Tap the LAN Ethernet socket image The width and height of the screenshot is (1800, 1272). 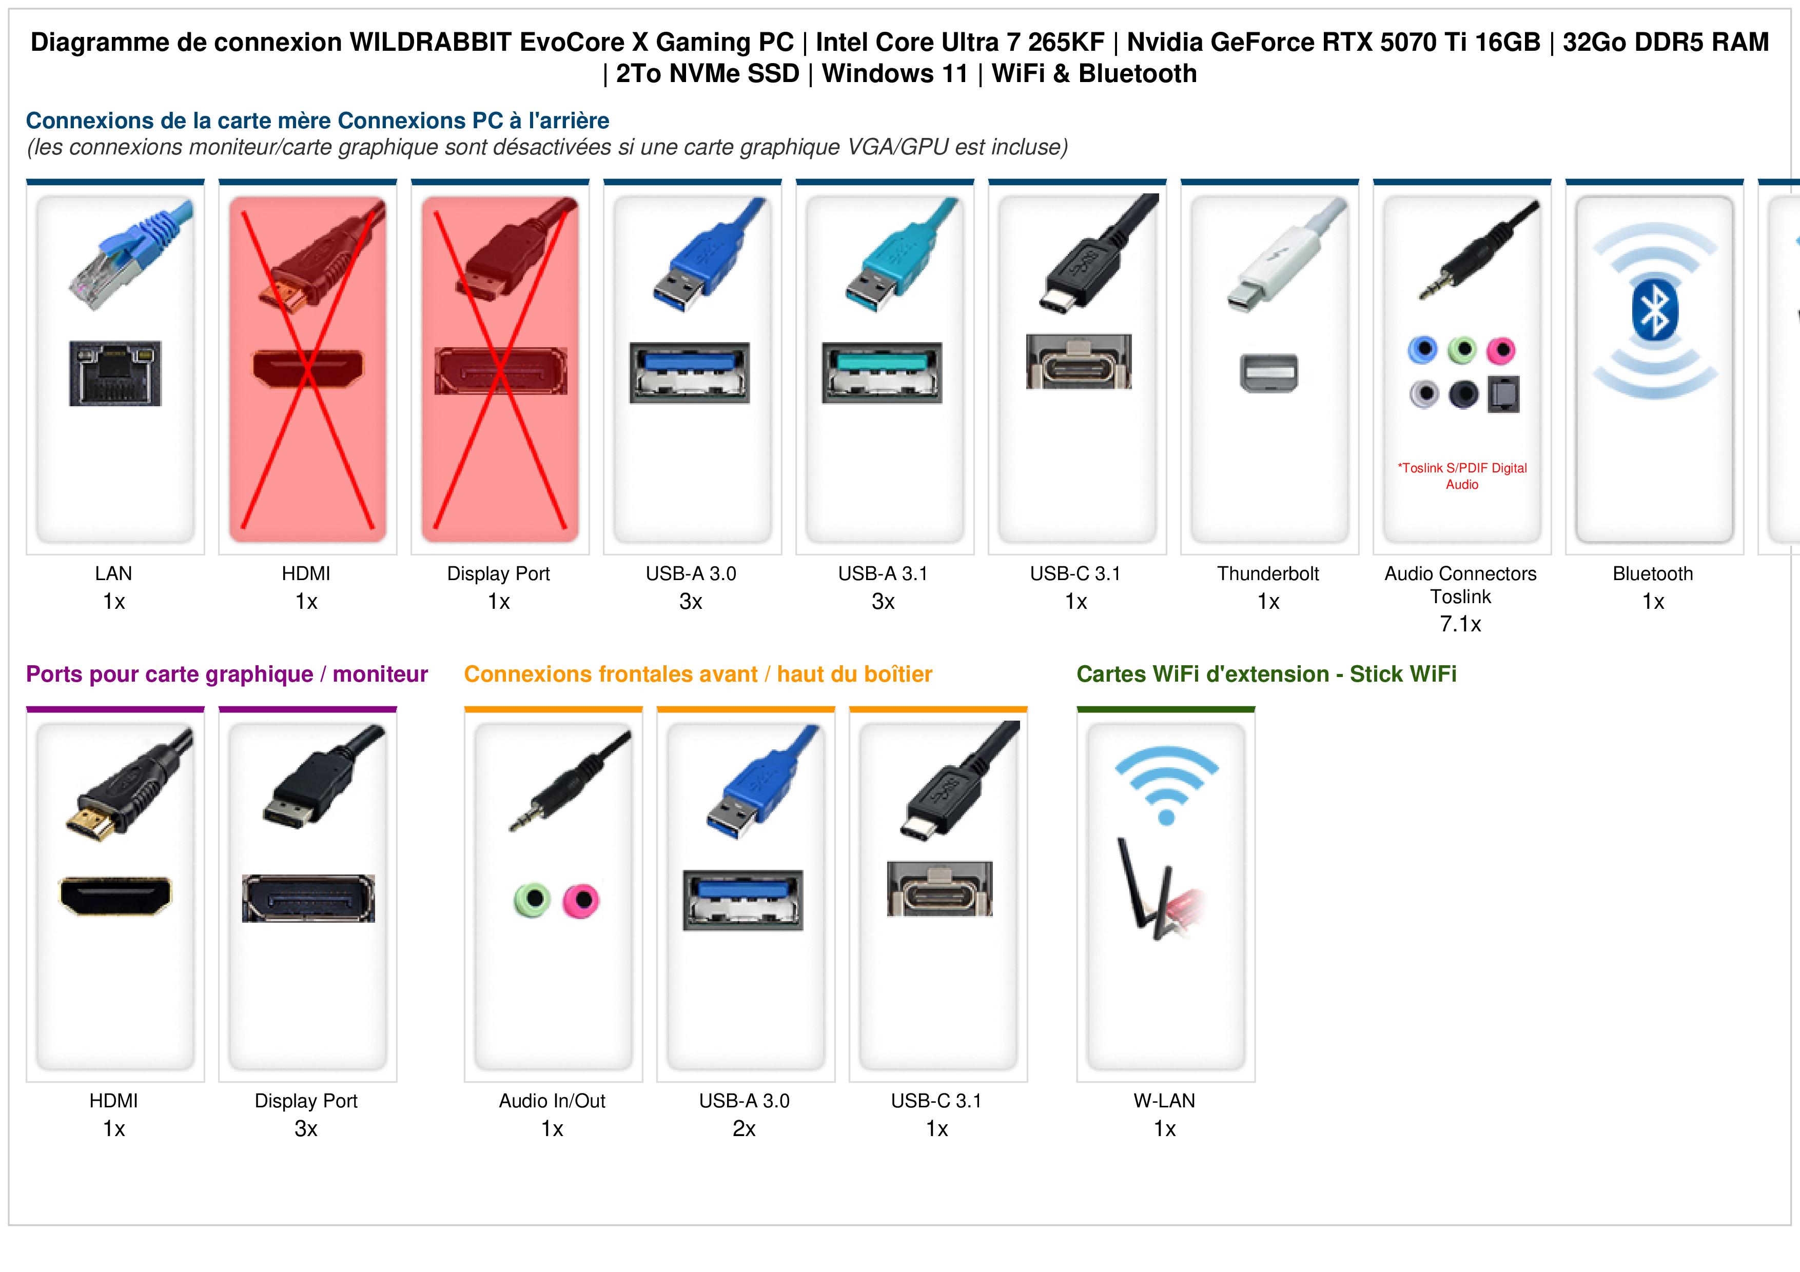[x=115, y=373]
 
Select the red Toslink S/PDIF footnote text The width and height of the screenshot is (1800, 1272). [x=1462, y=476]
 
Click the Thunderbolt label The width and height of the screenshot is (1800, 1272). [x=1268, y=574]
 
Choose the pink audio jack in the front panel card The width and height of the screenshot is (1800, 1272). [x=581, y=900]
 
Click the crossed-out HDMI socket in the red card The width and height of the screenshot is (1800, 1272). [x=307, y=368]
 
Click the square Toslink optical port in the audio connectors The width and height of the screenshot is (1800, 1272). [x=1503, y=394]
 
